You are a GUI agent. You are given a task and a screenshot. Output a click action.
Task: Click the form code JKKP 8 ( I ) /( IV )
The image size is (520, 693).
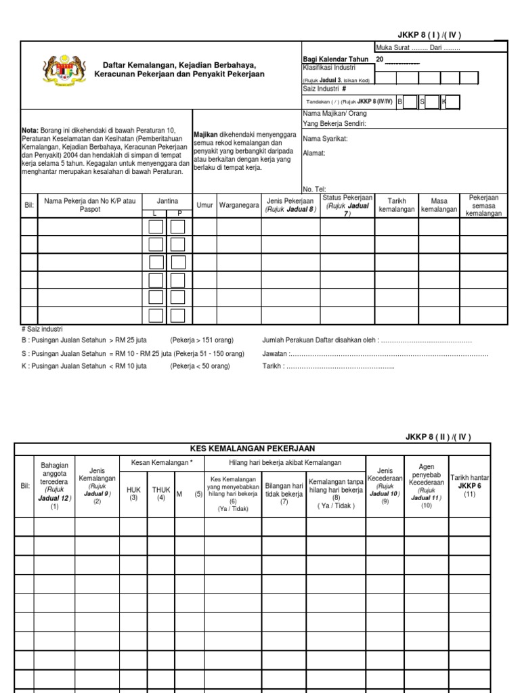pyautogui.click(x=433, y=35)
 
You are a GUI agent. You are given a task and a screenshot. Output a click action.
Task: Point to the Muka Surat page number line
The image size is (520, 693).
pyautogui.click(x=418, y=47)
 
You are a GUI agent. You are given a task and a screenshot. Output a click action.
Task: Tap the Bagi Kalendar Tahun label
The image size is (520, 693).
pyautogui.click(x=335, y=59)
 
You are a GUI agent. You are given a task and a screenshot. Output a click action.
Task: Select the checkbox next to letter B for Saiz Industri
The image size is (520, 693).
pyautogui.click(x=410, y=102)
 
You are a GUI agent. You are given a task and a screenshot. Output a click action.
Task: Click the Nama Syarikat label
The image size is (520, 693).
pyautogui.click(x=325, y=139)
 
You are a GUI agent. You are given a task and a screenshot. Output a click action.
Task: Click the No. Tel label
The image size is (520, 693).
pyautogui.click(x=314, y=189)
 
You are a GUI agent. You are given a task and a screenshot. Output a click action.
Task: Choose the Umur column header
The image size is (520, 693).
pyautogui.click(x=204, y=204)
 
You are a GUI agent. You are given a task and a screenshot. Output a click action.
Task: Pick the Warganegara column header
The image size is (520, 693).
pyautogui.click(x=238, y=204)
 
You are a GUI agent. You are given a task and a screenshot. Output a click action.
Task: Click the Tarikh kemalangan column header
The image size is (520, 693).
pyautogui.click(x=396, y=205)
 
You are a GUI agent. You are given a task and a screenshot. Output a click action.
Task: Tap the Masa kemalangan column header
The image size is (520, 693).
pyautogui.click(x=439, y=205)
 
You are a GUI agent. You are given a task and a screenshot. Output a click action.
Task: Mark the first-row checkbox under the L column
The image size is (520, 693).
pyautogui.click(x=155, y=226)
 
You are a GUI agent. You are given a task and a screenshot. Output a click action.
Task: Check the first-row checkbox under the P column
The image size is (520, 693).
pyautogui.click(x=177, y=226)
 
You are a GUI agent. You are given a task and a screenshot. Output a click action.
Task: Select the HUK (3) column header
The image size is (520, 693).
pyautogui.click(x=133, y=493)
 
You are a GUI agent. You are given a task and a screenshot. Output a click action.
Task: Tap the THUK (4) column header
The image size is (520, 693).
pyautogui.click(x=160, y=493)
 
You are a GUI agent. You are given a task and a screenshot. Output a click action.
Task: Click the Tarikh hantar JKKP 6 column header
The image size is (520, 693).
pyautogui.click(x=469, y=485)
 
